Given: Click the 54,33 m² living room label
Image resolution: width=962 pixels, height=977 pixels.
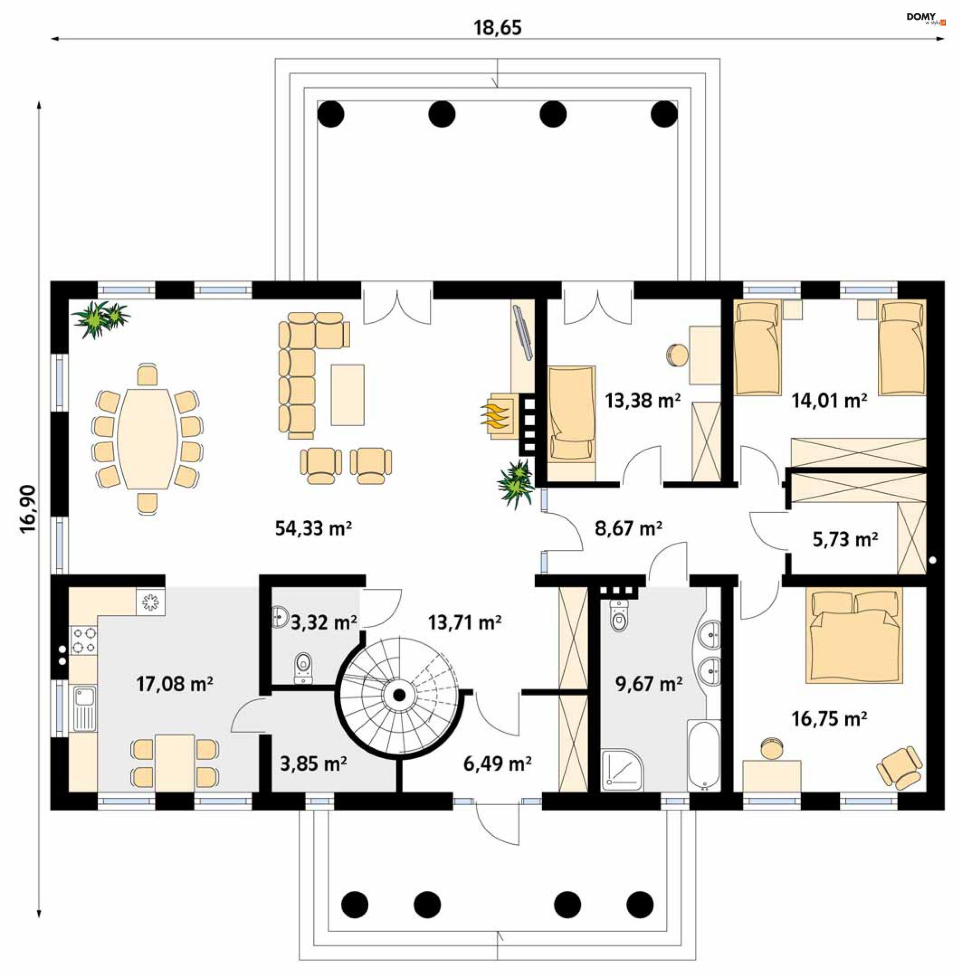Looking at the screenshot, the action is tap(313, 528).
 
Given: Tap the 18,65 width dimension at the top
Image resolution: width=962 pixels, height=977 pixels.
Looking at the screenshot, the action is tap(497, 27).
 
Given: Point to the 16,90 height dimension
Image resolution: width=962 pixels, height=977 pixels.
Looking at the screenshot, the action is tap(28, 508).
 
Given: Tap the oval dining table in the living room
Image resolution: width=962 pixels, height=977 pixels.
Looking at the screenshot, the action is tap(147, 438).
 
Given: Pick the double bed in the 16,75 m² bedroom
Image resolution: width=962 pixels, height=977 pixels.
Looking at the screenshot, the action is tap(854, 636).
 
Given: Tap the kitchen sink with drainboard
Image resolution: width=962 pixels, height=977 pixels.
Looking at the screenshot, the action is tap(84, 708).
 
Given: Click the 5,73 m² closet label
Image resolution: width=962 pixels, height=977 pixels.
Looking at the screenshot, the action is tap(845, 539).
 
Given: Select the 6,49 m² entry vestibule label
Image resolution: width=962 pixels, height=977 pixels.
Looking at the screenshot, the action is tap(497, 764).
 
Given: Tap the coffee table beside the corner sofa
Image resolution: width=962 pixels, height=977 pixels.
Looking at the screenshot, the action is tap(348, 395).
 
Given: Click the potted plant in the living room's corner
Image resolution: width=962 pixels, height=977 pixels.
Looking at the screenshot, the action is tap(101, 318).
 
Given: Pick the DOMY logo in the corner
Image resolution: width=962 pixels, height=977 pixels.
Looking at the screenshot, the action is tap(925, 19).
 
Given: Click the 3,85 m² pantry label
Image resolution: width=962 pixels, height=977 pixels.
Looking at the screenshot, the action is tap(313, 764).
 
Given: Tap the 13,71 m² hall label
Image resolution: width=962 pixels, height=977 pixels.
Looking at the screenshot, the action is tap(465, 622).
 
